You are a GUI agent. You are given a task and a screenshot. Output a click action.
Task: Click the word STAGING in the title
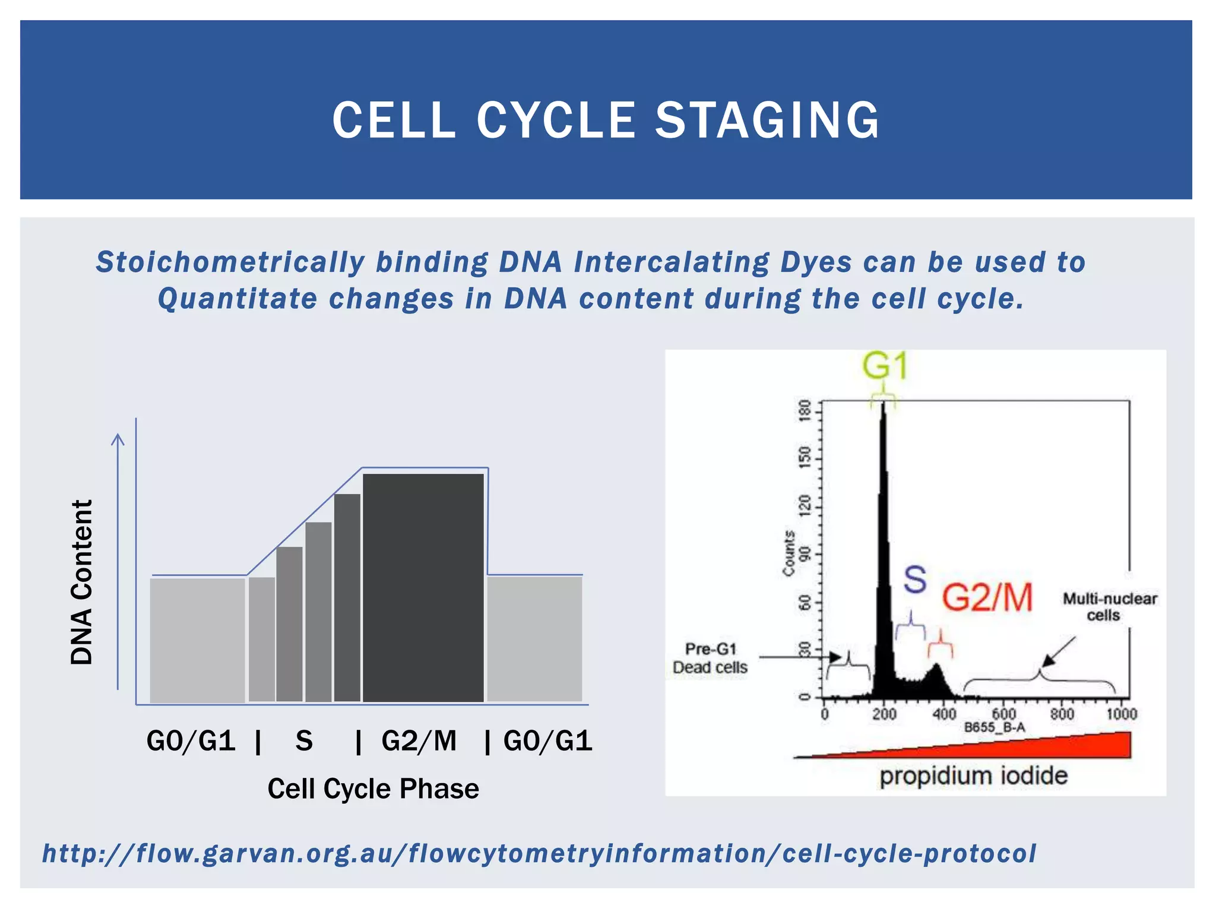coord(767,121)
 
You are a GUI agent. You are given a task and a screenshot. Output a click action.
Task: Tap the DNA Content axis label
coord(82,582)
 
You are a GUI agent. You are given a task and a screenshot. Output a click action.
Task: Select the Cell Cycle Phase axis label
coord(373,789)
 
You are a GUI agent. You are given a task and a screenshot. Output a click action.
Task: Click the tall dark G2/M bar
coord(423,588)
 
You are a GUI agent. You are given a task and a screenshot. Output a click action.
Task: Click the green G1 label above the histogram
coord(885,366)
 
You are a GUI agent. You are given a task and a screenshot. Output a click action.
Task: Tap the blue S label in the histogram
coord(915,579)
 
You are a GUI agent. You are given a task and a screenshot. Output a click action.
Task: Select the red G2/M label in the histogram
coord(987,597)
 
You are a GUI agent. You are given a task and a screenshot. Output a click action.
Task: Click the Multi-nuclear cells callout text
coord(1109,607)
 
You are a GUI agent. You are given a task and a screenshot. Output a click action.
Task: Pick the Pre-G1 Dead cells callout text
coord(710,658)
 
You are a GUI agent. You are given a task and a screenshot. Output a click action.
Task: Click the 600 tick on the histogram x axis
coord(1003,714)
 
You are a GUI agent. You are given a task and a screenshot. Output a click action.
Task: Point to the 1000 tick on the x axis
coord(1121,714)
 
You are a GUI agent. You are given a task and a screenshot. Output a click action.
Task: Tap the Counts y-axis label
coord(788,553)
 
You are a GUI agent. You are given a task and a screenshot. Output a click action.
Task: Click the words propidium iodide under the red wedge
coord(973,776)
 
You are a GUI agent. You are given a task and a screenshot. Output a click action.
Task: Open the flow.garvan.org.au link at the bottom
coord(539,854)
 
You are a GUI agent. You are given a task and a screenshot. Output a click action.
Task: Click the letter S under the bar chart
coord(304,741)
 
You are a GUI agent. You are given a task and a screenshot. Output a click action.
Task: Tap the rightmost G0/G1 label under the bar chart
coord(547,741)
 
